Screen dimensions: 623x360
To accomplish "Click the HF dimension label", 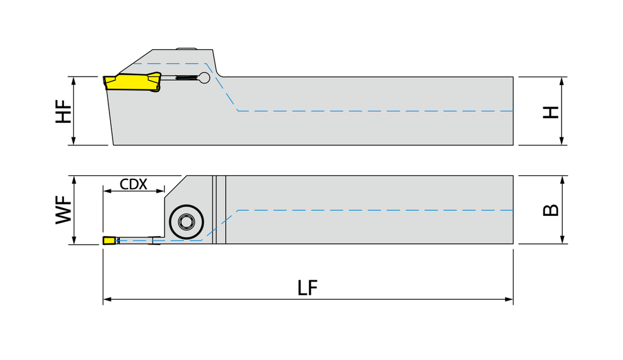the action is [63, 111].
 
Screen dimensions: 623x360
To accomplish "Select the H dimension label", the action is [551, 112].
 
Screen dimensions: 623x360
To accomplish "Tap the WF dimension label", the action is [63, 210].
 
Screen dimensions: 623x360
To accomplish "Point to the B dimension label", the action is [551, 210].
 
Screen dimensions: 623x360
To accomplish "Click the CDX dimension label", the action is [133, 184].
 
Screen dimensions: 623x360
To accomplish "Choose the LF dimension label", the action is [307, 288].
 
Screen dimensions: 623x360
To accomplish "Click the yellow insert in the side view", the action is [132, 82].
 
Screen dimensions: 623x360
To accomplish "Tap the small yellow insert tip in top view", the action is [109, 240].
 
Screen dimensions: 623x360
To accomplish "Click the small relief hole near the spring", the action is [204, 78].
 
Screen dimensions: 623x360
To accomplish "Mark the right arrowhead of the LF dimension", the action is [509, 299].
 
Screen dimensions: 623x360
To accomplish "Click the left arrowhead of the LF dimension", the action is [107, 299].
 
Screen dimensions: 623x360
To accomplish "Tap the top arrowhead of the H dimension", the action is [562, 81].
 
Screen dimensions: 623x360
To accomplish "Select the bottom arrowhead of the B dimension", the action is [562, 239].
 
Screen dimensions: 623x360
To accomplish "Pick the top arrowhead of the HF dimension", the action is [74, 81].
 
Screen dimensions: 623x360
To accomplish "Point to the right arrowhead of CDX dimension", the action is [160, 191].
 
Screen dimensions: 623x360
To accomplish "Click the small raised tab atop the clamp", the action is [186, 49].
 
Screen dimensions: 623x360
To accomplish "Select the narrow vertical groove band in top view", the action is [219, 210].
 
